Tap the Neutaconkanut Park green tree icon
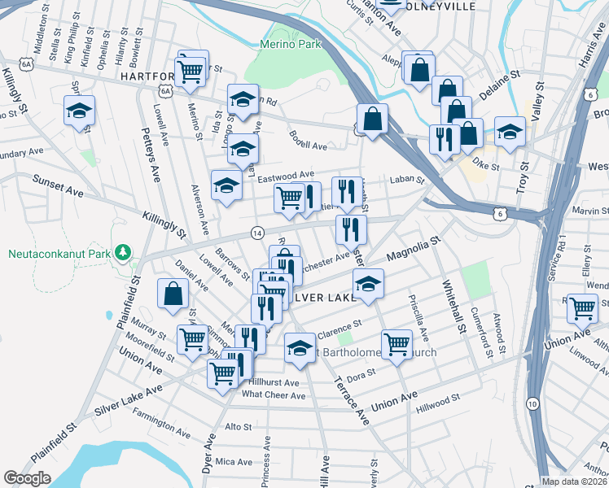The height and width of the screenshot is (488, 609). tap(123, 252)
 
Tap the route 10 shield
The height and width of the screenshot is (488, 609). tap(532, 404)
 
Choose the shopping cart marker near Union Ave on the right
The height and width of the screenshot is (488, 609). tap(583, 309)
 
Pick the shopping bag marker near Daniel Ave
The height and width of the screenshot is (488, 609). tap(173, 294)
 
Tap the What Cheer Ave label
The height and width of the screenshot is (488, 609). tap(274, 395)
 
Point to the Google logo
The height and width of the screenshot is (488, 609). tap(28, 477)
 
